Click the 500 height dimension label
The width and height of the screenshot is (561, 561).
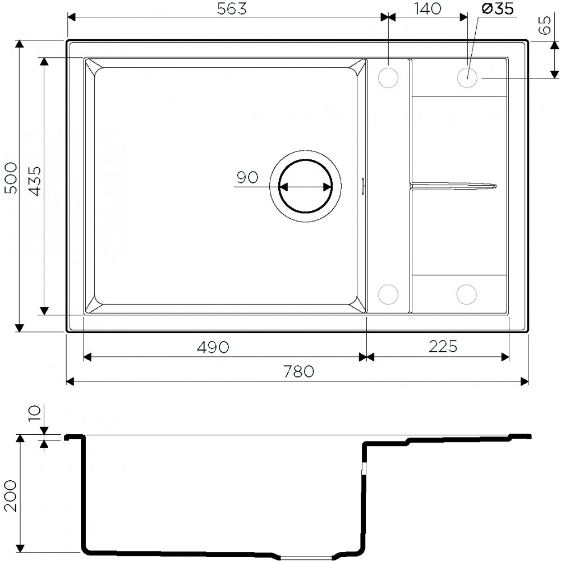(x=11, y=178)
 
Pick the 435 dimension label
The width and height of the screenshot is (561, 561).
(x=34, y=181)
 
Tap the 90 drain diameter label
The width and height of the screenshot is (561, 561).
(x=247, y=178)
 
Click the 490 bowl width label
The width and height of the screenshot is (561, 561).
(x=213, y=347)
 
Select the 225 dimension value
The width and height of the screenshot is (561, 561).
(x=443, y=347)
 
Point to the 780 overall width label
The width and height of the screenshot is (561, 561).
(x=298, y=371)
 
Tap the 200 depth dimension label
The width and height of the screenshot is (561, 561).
(x=11, y=494)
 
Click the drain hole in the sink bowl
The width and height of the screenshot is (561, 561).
(x=306, y=187)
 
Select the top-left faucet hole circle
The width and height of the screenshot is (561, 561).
(x=388, y=77)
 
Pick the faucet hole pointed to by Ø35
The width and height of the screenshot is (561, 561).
(x=467, y=77)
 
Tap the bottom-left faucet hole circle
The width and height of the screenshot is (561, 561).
(x=388, y=294)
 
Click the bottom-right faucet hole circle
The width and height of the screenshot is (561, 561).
(x=466, y=294)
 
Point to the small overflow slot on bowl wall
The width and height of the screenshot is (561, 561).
(x=363, y=185)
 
